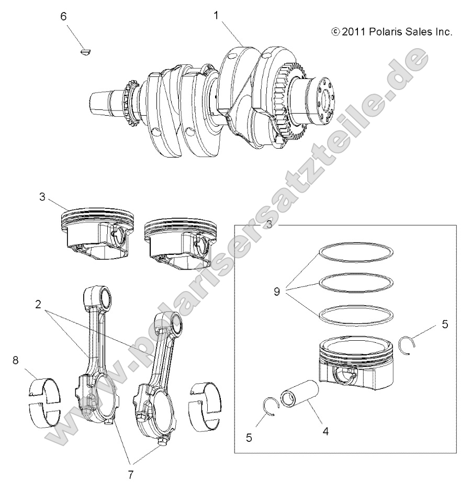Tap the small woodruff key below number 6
[x=85, y=51]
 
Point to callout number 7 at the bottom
[x=130, y=474]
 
